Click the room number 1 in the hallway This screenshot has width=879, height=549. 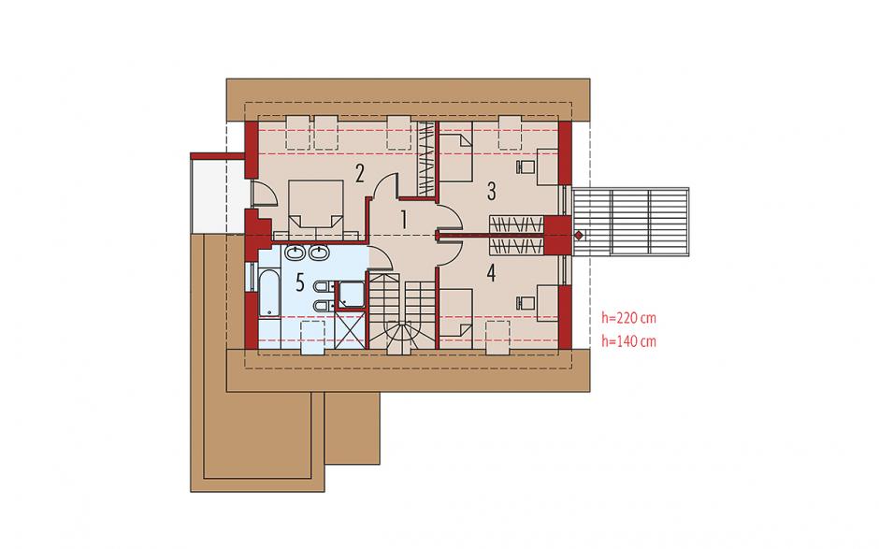click(403, 219)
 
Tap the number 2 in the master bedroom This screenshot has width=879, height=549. click(359, 173)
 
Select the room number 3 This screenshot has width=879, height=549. click(491, 191)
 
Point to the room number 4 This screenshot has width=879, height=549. click(491, 274)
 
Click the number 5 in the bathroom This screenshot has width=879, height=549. click(300, 283)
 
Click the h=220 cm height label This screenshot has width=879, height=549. click(628, 318)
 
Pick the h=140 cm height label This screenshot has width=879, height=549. click(628, 341)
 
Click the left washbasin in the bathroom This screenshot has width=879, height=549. click(295, 253)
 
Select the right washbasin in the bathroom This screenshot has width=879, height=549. click(319, 253)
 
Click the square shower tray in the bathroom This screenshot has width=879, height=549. click(351, 295)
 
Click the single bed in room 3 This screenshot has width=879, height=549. click(455, 152)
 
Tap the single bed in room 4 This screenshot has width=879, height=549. click(455, 317)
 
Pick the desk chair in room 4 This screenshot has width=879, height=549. click(525, 303)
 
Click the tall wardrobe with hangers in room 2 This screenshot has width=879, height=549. click(427, 158)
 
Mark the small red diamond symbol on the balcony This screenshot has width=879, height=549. click(579, 236)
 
